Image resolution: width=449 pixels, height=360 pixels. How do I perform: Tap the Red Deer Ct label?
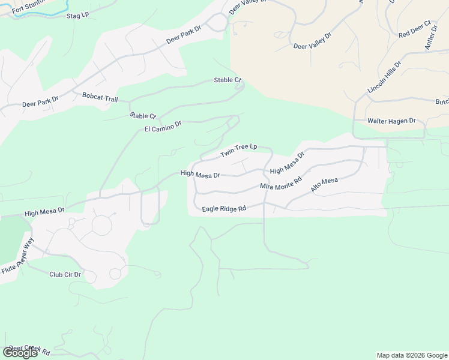click(415, 30)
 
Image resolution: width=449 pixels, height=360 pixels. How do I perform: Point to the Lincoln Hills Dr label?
click(384, 77)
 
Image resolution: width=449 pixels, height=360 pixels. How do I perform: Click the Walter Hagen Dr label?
click(391, 121)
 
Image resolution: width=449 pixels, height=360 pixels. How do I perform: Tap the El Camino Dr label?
click(163, 127)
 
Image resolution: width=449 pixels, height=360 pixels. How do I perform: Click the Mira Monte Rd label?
click(280, 182)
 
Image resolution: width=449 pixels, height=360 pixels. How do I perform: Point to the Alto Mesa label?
click(324, 185)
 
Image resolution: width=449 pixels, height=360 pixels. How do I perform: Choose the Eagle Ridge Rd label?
click(224, 209)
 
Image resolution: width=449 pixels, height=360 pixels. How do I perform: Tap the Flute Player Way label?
click(18, 256)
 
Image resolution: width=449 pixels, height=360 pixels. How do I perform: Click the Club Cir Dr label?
click(65, 274)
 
